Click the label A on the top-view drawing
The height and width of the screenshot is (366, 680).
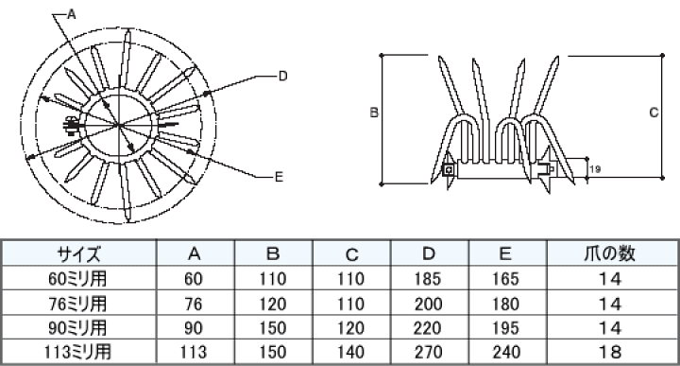(72, 14)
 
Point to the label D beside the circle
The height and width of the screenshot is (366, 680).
(282, 77)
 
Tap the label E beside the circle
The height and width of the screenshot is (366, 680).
(279, 176)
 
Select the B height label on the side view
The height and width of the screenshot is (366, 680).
(374, 113)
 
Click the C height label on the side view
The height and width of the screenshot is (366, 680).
(654, 113)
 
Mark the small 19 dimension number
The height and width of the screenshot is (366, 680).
(595, 168)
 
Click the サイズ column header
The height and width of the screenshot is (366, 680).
(79, 253)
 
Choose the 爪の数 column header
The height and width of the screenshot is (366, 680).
(609, 253)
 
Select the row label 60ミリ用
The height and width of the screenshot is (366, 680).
(77, 278)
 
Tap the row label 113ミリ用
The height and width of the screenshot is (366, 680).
(77, 351)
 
